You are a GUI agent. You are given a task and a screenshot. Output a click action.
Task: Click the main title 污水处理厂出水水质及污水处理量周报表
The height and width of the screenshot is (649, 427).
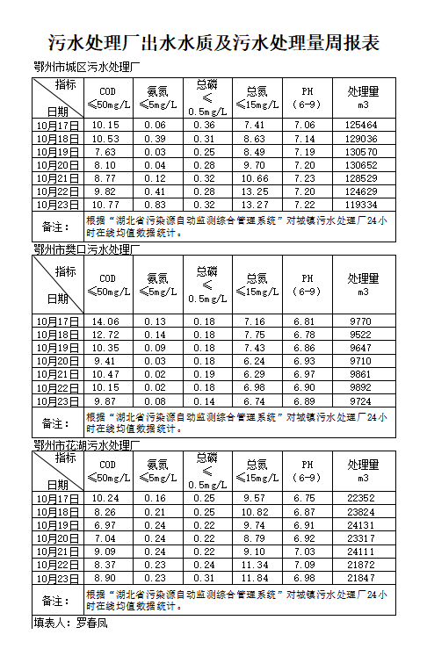pos(213,43)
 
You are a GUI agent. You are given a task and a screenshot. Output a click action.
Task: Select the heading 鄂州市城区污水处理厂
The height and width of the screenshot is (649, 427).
pos(86,68)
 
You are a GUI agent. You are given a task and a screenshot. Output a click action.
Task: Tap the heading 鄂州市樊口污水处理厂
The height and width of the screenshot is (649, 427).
pos(86,250)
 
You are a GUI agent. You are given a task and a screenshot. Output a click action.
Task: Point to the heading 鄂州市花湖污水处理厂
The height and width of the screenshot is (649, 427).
pos(86,445)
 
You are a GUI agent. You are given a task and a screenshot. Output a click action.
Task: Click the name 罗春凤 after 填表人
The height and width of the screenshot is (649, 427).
pos(90,624)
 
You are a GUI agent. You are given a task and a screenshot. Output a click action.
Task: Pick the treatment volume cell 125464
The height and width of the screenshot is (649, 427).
pos(362,126)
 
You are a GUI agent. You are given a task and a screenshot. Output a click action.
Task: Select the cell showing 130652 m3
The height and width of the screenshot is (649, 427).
pos(362,165)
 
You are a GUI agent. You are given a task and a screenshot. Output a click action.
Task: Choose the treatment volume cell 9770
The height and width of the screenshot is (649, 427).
pos(362,321)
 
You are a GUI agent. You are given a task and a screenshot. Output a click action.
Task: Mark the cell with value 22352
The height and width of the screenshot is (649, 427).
pos(362,498)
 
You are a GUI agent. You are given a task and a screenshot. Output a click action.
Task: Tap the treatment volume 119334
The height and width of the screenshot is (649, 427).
pos(362,205)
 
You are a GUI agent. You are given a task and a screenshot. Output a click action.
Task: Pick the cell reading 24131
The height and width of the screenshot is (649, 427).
pos(362,524)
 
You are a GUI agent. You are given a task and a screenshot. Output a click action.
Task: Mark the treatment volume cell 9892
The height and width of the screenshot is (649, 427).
pos(362,387)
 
